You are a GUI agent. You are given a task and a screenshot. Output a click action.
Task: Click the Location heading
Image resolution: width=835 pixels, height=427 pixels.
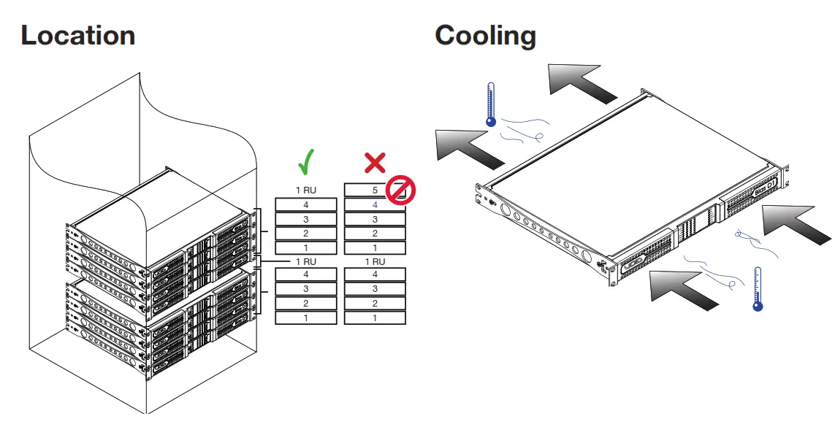click(77, 35)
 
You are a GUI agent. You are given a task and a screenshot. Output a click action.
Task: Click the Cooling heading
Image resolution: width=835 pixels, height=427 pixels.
click(485, 35)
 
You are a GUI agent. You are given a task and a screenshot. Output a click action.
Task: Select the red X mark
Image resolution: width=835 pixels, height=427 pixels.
click(375, 162)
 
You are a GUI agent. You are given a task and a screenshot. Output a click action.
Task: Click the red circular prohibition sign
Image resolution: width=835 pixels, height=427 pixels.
click(400, 191)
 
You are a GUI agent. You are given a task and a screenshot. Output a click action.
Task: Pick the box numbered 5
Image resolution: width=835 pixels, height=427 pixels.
click(374, 190)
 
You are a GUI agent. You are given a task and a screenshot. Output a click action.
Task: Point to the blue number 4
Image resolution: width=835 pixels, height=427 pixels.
click(375, 205)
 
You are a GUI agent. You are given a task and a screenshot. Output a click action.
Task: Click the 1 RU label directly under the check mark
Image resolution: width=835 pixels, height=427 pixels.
click(305, 190)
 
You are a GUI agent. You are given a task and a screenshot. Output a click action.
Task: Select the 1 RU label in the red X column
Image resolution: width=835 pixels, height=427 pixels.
click(375, 261)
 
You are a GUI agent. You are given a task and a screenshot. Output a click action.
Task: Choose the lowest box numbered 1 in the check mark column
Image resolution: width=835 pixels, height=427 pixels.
click(305, 318)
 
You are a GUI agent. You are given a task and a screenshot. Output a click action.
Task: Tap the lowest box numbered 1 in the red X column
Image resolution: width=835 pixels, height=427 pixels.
click(375, 318)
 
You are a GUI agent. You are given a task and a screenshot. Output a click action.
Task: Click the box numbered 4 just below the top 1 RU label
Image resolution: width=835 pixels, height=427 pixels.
click(305, 205)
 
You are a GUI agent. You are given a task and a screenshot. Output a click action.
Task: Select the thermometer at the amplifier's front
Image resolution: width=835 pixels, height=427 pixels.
click(758, 289)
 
